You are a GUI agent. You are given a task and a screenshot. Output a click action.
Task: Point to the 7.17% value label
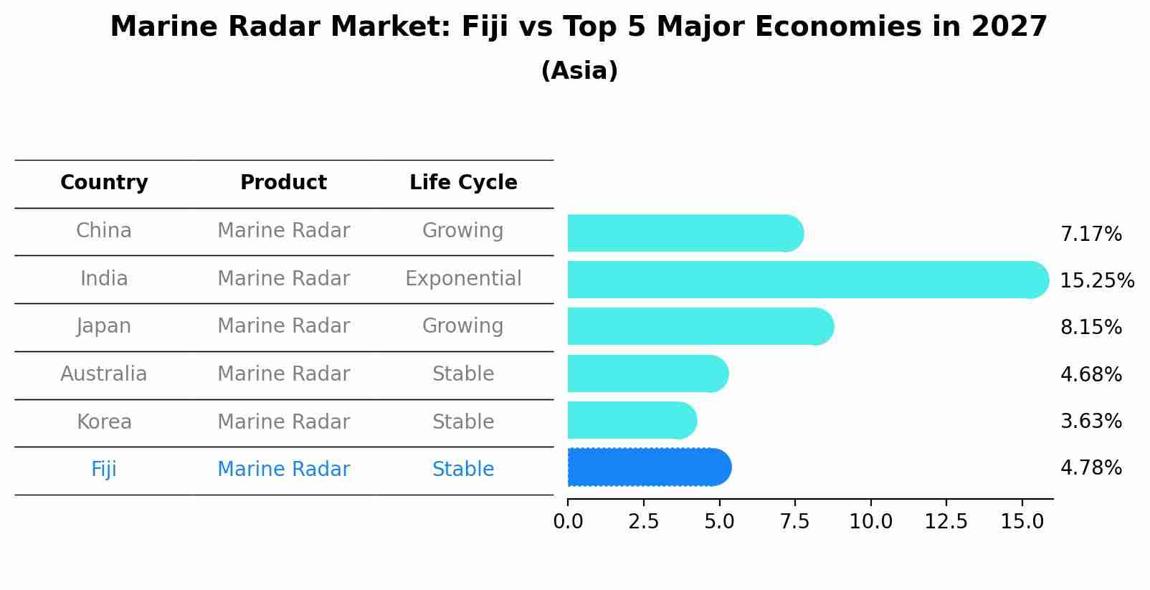click(x=1090, y=234)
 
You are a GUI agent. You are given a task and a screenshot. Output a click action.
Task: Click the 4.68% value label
click(x=1090, y=374)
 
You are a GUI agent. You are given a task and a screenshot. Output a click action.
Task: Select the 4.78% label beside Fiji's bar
click(x=1090, y=468)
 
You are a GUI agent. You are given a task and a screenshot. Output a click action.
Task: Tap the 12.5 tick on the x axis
click(x=946, y=522)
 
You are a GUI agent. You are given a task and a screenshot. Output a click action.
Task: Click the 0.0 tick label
click(x=568, y=522)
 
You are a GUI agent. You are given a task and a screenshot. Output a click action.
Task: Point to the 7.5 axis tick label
click(x=794, y=522)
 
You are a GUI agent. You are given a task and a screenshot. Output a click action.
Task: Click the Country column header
click(x=104, y=183)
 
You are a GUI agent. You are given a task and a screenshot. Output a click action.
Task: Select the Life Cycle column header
click(x=463, y=183)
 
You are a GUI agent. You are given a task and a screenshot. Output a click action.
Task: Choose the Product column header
click(x=283, y=183)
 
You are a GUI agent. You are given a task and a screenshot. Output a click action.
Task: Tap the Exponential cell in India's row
click(x=463, y=279)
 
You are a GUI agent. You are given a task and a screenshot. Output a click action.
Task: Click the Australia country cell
click(x=104, y=374)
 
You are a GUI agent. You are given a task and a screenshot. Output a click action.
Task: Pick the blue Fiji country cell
click(x=104, y=470)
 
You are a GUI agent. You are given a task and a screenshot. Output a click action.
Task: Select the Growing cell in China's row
click(x=463, y=231)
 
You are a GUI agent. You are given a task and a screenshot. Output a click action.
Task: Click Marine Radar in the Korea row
click(x=283, y=422)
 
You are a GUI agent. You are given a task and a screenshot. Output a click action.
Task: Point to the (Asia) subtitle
click(x=579, y=71)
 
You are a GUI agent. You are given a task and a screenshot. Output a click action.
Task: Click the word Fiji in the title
click(x=485, y=27)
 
